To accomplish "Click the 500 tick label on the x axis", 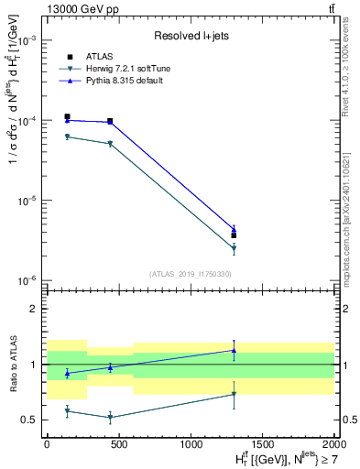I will (118, 442).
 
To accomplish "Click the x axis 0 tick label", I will (47, 442).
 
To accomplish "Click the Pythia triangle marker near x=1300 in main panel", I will (234, 229).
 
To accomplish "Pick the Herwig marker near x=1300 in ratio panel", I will (234, 394).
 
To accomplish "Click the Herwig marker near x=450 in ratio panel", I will (110, 417).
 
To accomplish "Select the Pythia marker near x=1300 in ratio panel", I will (234, 350).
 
